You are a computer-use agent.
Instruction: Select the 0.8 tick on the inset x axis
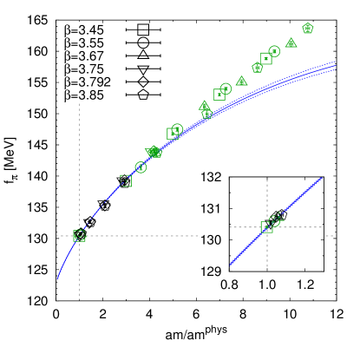pos(230,285)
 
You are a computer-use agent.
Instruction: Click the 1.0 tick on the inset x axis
pos(267,285)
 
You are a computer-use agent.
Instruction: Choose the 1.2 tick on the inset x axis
pos(305,285)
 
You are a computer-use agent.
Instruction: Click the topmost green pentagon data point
pos(308,28)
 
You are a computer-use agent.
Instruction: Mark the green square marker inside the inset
pos(267,226)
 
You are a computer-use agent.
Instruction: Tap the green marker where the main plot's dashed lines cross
pos(80,235)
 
